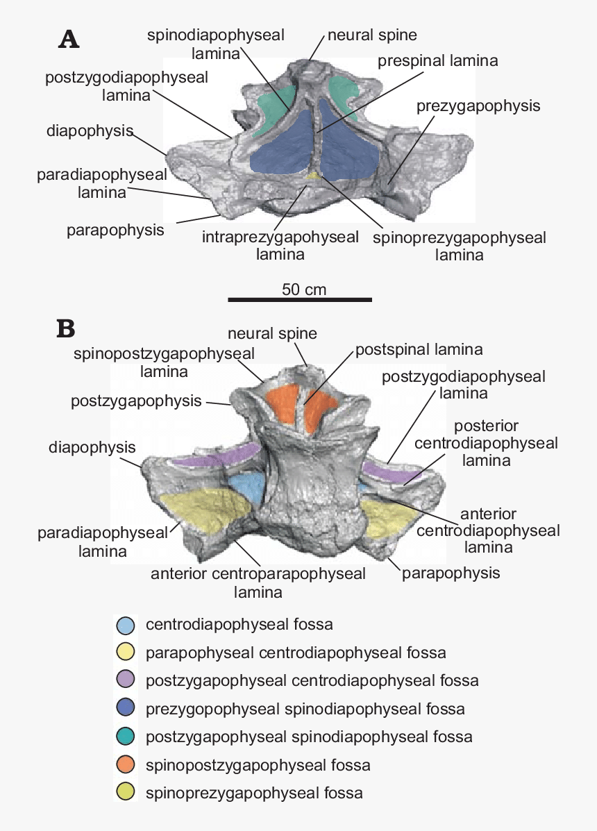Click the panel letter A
(x=69, y=40)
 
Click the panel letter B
(x=66, y=328)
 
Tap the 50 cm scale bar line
(x=300, y=300)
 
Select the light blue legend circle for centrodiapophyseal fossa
(x=125, y=625)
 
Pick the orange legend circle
(x=125, y=766)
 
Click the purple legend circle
(x=125, y=681)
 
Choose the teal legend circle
(x=125, y=737)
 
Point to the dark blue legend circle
(x=125, y=710)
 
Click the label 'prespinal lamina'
(x=437, y=61)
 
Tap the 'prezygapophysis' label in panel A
(x=478, y=106)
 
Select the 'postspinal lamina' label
(x=419, y=349)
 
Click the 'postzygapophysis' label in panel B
(x=136, y=401)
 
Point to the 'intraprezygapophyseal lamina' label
(x=280, y=246)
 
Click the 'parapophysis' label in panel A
(x=115, y=229)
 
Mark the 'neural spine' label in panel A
(x=372, y=34)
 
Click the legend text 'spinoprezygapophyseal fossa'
(x=254, y=793)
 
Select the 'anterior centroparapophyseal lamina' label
(x=258, y=583)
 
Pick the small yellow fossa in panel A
(x=315, y=176)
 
